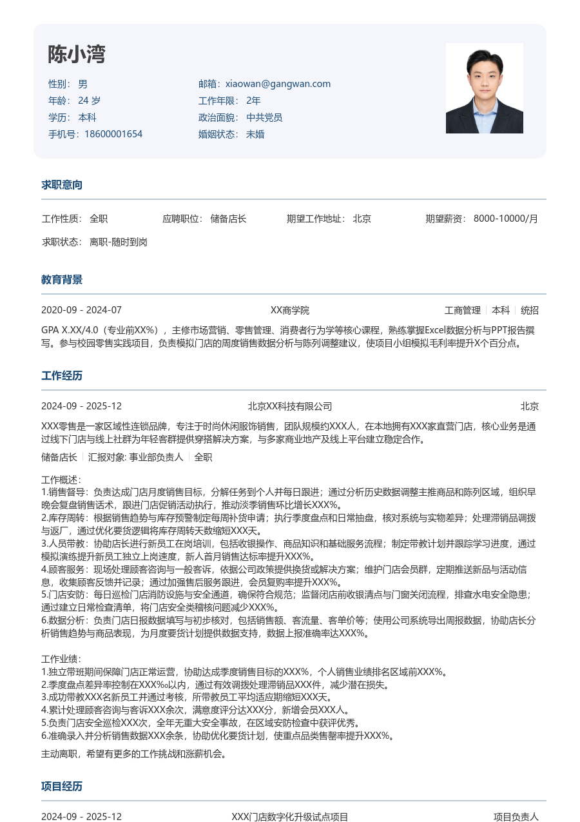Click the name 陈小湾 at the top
point(76,55)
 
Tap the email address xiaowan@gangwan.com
point(278,84)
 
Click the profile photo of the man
point(484,88)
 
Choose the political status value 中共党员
point(264,117)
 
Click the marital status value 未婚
point(255,134)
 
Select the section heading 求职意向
point(62,185)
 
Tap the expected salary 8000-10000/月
point(506,219)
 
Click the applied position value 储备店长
point(228,219)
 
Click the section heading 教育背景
point(62,280)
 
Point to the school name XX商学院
point(290,310)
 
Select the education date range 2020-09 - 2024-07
point(81,310)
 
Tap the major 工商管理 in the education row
point(463,310)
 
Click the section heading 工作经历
point(62,376)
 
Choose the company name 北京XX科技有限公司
point(290,406)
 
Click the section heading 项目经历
point(62,787)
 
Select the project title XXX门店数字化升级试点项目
point(290,817)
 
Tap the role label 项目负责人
point(516,817)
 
